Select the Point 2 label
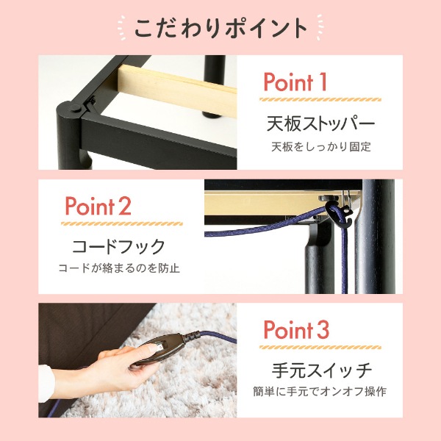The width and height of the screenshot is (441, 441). [98, 206]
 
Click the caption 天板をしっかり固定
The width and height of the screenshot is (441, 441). [320, 146]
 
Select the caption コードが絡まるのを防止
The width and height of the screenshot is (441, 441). [119, 269]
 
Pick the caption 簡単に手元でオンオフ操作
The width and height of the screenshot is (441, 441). [320, 392]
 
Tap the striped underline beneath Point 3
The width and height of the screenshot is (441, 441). [320, 345]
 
